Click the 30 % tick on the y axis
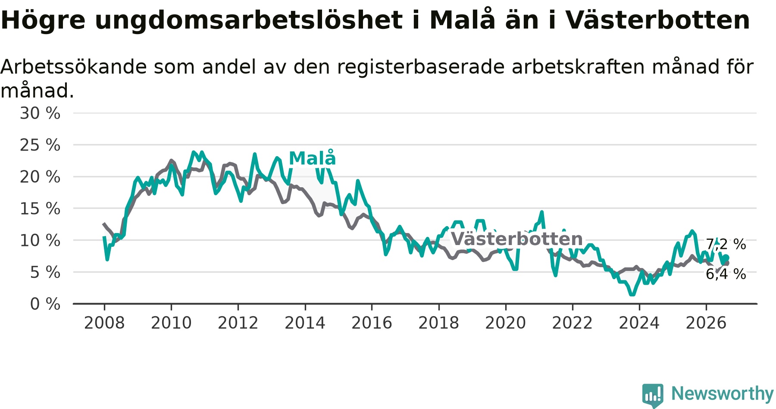coord(40,113)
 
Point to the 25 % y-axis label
coord(40,145)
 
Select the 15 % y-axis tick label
coord(40,209)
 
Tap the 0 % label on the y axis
coord(45,304)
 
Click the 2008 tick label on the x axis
coord(104,323)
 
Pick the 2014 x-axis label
coord(305,323)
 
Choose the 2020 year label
coord(506,323)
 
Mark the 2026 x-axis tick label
coord(706,323)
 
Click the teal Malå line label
coord(312,158)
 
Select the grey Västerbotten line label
coord(517,239)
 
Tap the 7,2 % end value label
coord(726,244)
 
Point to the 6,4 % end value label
coord(726,274)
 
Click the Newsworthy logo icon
coord(653,395)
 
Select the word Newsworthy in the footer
coord(723,393)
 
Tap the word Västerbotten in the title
coord(657,20)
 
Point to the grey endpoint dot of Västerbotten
coord(727,263)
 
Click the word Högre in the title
coord(43,20)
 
